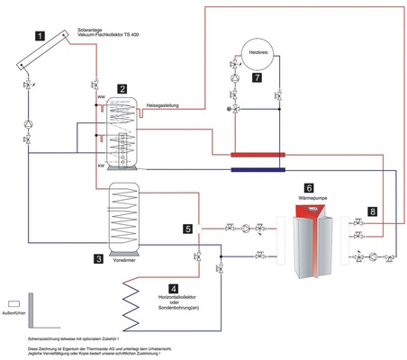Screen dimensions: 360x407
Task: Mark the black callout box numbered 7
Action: pyautogui.click(x=257, y=79)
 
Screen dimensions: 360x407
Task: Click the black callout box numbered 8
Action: pyautogui.click(x=371, y=212)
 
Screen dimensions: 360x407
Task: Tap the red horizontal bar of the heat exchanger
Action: pyautogui.click(x=258, y=155)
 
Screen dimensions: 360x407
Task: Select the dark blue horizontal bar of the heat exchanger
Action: pyautogui.click(x=258, y=167)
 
